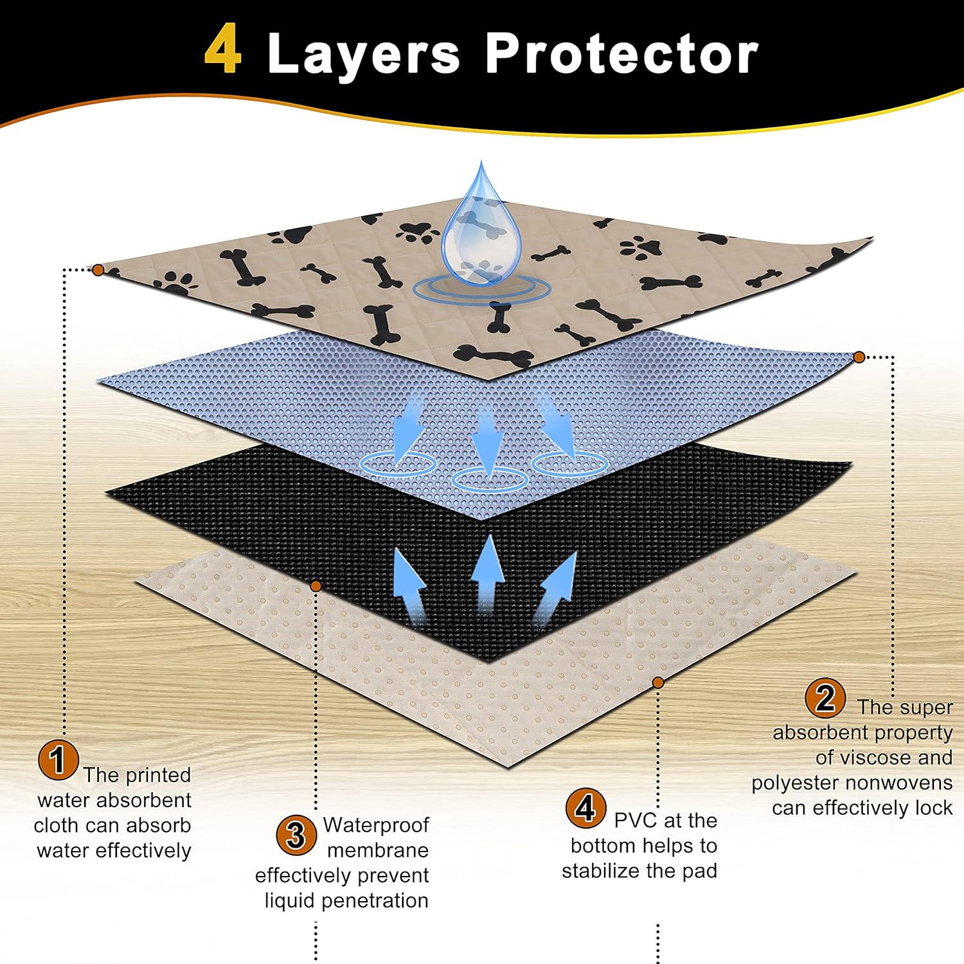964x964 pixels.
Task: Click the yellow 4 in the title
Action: (x=223, y=50)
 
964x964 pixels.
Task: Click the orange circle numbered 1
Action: (x=58, y=760)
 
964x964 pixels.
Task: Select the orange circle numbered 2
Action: (x=825, y=698)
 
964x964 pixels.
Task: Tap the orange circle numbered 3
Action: (x=296, y=835)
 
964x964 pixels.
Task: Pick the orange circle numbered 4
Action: (x=585, y=808)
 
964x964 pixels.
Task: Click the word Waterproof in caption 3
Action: (x=376, y=825)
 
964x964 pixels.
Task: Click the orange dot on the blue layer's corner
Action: (x=859, y=357)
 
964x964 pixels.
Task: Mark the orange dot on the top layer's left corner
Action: (x=98, y=270)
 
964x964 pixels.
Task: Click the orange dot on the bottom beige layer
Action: (x=657, y=683)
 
